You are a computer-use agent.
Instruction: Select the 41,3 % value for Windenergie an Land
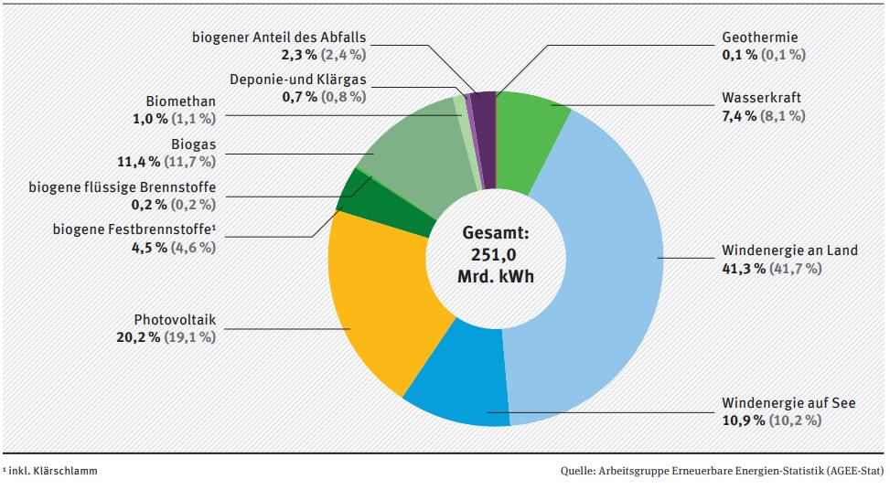pyautogui.click(x=740, y=269)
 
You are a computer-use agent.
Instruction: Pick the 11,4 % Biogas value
pyautogui.click(x=138, y=162)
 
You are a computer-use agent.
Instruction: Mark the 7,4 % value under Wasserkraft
pyautogui.click(x=739, y=116)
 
